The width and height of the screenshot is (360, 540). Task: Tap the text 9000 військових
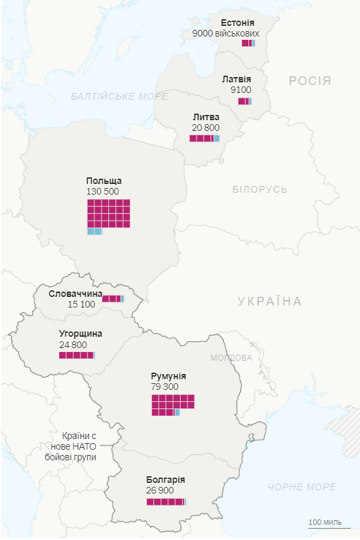[225, 33]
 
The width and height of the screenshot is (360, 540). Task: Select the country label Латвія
[236, 79]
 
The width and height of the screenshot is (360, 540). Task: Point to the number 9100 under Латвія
[240, 90]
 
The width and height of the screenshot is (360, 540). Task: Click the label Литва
[205, 117]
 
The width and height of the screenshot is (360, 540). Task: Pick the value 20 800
[205, 127]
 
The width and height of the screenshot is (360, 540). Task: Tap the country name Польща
[104, 181]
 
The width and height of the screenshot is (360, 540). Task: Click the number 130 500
[102, 191]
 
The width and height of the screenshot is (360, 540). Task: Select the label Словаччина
[75, 294]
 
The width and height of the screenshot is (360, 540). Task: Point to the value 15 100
[81, 304]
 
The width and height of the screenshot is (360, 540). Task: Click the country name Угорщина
[80, 333]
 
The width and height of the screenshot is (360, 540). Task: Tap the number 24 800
[72, 344]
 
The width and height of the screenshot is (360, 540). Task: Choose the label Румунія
[168, 376]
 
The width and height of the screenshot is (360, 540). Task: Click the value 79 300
[165, 386]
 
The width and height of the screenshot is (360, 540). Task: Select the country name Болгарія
[165, 480]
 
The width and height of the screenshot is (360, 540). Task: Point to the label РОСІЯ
[310, 81]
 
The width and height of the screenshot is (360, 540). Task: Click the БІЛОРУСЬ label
[260, 189]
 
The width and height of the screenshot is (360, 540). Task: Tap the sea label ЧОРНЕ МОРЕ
[302, 487]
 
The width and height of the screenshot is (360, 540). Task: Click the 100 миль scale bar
[325, 523]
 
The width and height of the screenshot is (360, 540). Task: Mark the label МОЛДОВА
[230, 357]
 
